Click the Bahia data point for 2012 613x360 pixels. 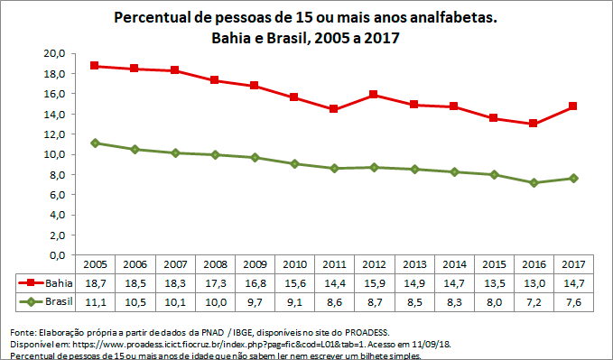tap(372, 94)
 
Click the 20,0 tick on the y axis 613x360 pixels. tap(55, 53)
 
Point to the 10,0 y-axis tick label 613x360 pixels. tap(55, 154)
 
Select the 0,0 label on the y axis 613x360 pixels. tap(57, 255)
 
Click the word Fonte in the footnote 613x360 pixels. tap(23, 331)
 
